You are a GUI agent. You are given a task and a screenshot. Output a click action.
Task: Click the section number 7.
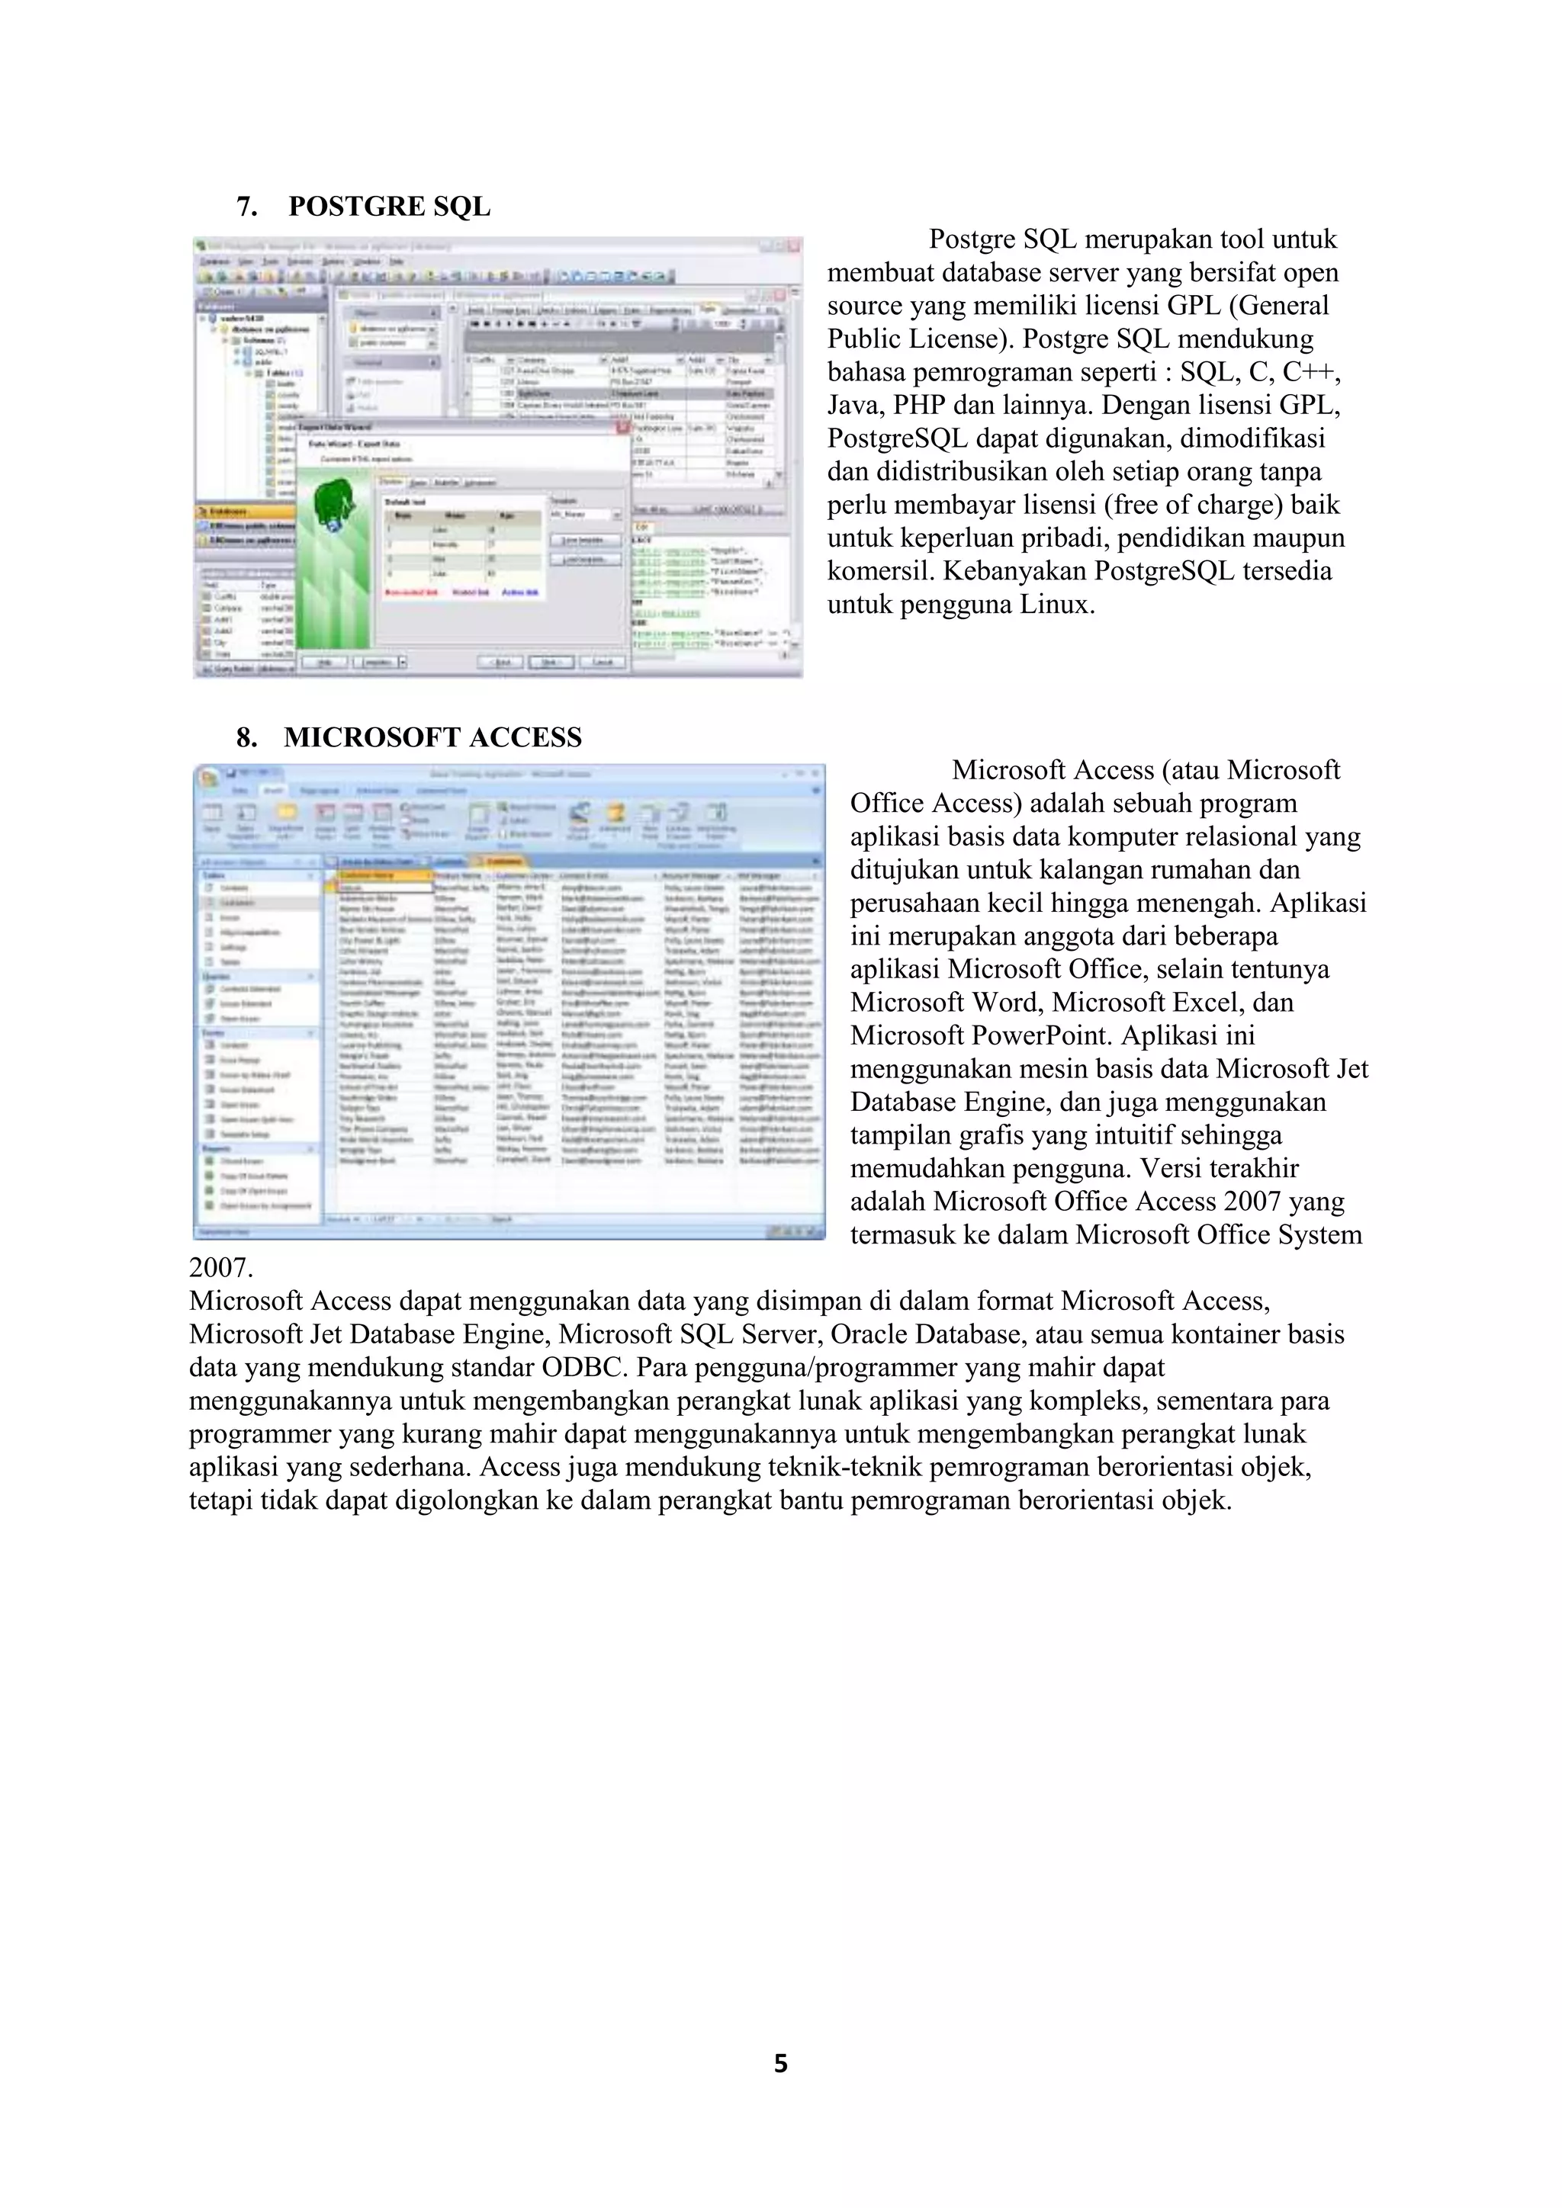[x=246, y=207]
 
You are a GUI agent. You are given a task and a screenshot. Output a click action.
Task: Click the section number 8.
[x=246, y=737]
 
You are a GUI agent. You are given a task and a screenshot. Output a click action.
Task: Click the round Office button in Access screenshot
[x=207, y=775]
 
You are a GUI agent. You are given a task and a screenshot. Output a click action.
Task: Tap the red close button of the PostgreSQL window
[x=793, y=246]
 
